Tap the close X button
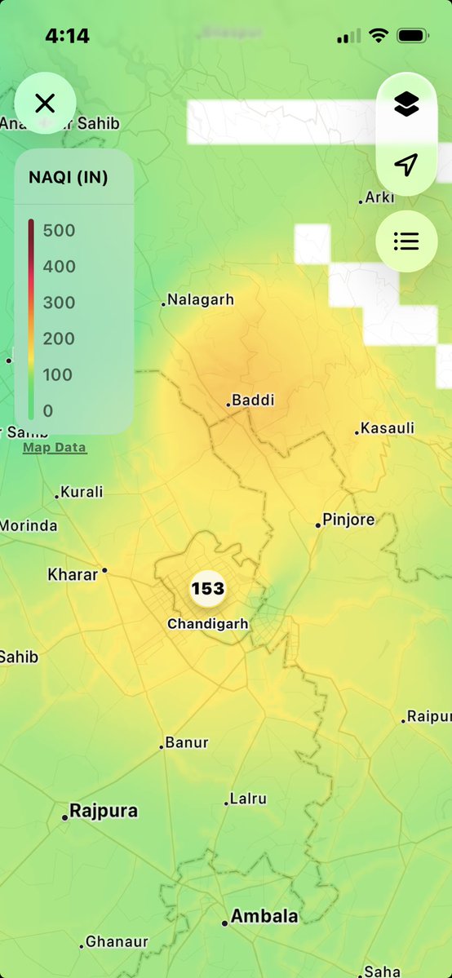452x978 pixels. pyautogui.click(x=45, y=103)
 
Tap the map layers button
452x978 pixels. pyautogui.click(x=406, y=104)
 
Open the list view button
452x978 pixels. pyautogui.click(x=406, y=241)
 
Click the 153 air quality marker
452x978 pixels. pyautogui.click(x=208, y=588)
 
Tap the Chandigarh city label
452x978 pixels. pyautogui.click(x=208, y=624)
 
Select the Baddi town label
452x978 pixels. pyautogui.click(x=253, y=400)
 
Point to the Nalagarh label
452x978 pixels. pyautogui.click(x=200, y=299)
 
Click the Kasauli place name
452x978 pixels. pyautogui.click(x=388, y=428)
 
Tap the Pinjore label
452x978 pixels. pyautogui.click(x=348, y=520)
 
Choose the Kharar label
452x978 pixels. pyautogui.click(x=73, y=574)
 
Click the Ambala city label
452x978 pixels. pyautogui.click(x=264, y=916)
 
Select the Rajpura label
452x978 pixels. pyautogui.click(x=104, y=811)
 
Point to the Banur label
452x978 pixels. pyautogui.click(x=187, y=742)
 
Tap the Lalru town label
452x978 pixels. pyautogui.click(x=248, y=799)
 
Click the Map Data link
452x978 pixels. pyautogui.click(x=54, y=447)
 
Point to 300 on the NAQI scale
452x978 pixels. pyautogui.click(x=59, y=303)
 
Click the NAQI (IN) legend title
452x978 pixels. pyautogui.click(x=69, y=177)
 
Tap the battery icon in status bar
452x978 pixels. pyautogui.click(x=413, y=36)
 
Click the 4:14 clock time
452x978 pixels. pyautogui.click(x=67, y=36)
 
